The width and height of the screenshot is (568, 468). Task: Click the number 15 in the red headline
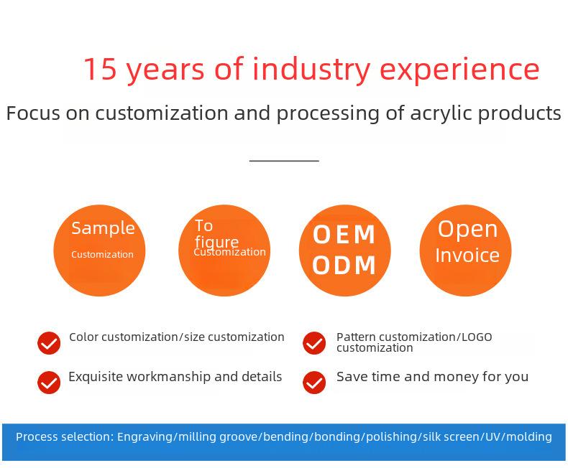101,69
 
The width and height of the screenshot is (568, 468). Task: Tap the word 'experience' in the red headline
459,70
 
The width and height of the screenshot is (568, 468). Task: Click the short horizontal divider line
284,161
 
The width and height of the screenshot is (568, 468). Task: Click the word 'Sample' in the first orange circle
104,228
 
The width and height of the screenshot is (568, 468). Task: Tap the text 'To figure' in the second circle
216,234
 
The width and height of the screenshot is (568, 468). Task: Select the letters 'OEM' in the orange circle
344,235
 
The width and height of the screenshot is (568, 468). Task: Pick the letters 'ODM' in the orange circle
344,265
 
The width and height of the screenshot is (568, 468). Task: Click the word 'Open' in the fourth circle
467,230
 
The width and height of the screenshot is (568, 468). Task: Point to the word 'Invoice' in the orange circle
467,256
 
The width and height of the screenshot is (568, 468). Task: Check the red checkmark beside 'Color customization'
49,343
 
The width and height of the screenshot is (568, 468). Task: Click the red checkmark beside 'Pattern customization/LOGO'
314,343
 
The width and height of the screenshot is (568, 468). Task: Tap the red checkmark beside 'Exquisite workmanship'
49,383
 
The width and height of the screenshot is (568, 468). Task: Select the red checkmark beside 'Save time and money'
314,383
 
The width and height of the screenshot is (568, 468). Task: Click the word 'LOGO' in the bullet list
477,337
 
